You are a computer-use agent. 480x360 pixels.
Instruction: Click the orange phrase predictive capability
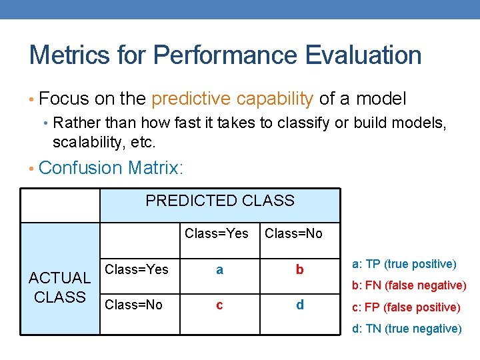point(233,99)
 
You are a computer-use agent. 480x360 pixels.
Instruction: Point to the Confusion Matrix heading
point(110,167)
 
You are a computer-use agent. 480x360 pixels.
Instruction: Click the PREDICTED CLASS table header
point(219,201)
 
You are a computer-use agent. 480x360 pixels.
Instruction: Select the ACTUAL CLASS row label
point(59,287)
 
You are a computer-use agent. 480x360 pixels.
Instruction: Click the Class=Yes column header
point(216,233)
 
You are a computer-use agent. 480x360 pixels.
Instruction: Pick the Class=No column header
point(293,233)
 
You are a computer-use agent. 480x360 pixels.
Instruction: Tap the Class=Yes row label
point(137,269)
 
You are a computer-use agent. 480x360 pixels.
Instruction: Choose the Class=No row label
point(134,305)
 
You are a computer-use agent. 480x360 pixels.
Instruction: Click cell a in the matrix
point(219,269)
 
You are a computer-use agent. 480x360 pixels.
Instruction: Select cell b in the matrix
point(299,269)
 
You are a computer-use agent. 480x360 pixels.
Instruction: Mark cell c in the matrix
point(219,305)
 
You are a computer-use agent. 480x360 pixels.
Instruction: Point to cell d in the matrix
point(299,305)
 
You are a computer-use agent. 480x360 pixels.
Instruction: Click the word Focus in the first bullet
point(63,99)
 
